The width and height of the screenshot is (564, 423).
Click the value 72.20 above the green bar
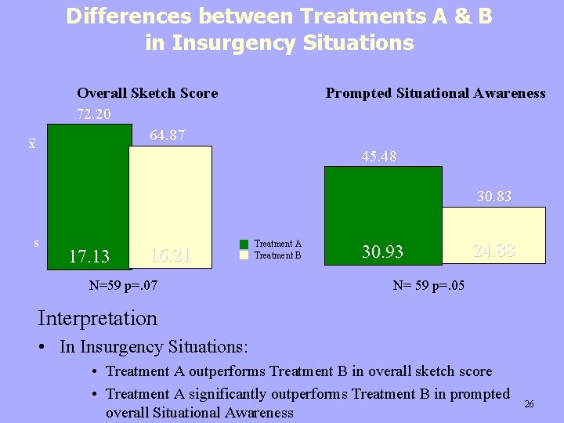(94, 114)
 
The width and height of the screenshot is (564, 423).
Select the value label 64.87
(167, 136)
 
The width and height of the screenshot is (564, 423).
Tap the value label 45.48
(379, 157)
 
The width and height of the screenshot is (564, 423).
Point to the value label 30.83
(494, 197)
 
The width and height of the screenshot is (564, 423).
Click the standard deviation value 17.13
(89, 256)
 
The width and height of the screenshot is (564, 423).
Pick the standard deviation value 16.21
(169, 255)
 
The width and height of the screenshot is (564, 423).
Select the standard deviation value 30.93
(382, 251)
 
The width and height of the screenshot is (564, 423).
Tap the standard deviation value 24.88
(493, 251)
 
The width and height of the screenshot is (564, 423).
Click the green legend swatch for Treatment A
(244, 244)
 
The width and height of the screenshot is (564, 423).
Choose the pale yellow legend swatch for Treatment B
(244, 255)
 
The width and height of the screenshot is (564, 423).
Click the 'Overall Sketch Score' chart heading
(147, 93)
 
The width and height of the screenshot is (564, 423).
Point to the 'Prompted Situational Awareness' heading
(436, 93)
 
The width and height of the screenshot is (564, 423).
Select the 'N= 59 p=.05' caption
(428, 285)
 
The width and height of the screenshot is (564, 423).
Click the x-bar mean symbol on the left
(31, 145)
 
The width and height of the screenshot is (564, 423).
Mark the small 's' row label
(36, 244)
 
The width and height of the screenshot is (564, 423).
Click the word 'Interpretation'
(97, 318)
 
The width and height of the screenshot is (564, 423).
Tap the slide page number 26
(529, 404)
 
